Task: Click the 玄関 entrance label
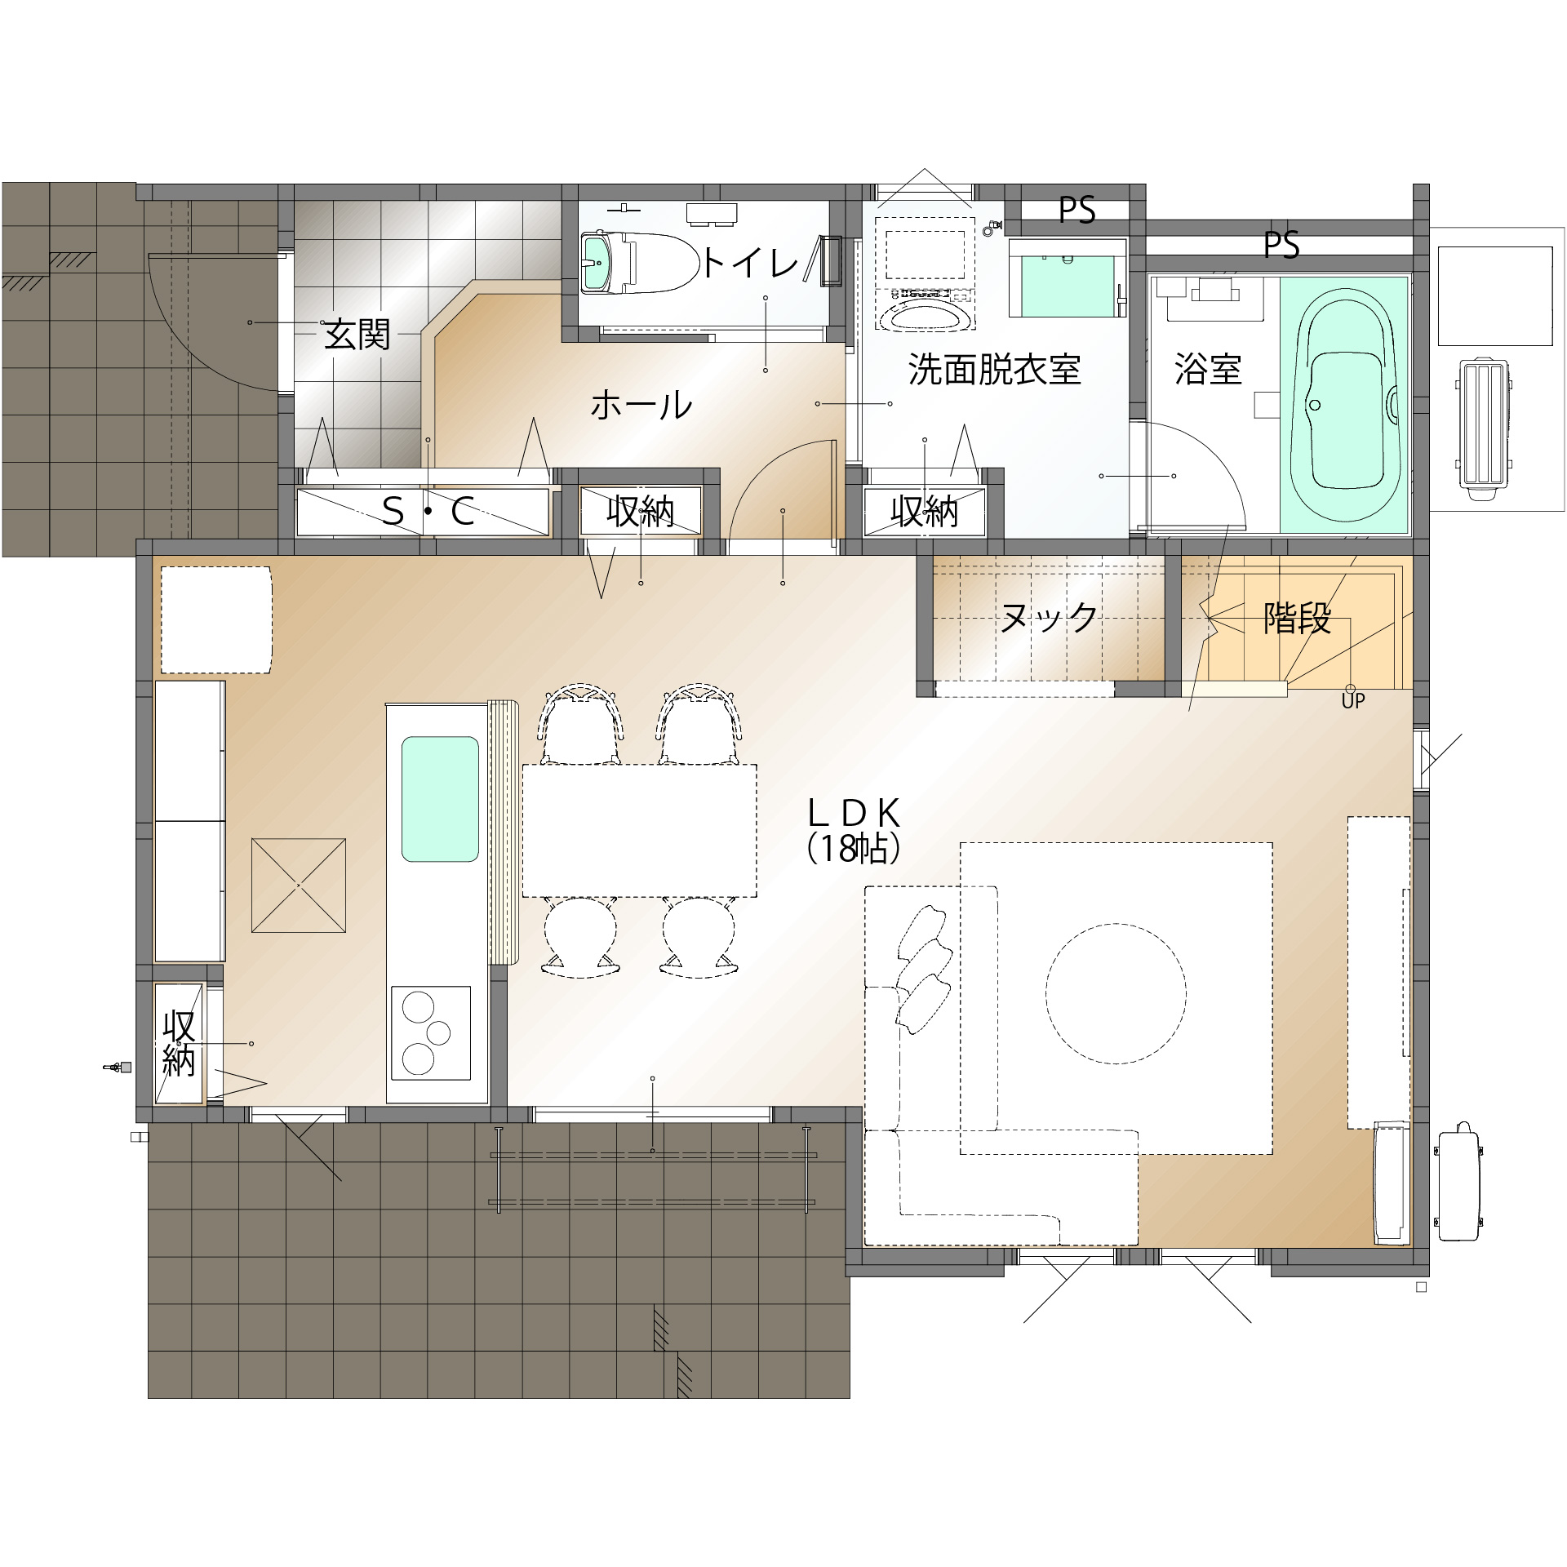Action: point(357,335)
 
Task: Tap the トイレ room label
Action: point(749,263)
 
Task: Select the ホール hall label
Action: point(641,405)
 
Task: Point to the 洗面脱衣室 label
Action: point(994,370)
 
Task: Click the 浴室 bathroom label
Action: point(1208,370)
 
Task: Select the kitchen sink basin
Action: point(440,799)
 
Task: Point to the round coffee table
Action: point(1116,993)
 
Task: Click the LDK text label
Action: point(854,814)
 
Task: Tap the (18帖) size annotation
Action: point(854,849)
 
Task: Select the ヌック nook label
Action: point(1049,618)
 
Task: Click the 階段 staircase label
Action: point(1297,618)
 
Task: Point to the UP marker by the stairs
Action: point(1353,700)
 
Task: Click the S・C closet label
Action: point(428,512)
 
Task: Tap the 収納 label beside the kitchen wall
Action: point(179,1044)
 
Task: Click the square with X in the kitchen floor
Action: point(299,886)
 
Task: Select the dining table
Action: point(639,831)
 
